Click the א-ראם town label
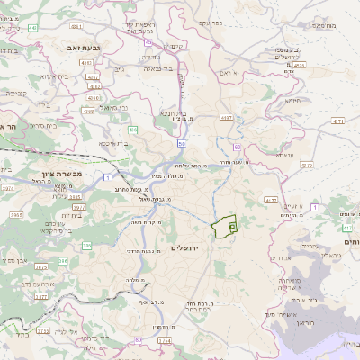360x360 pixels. coord(231,72)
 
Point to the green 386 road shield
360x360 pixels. coord(63,261)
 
